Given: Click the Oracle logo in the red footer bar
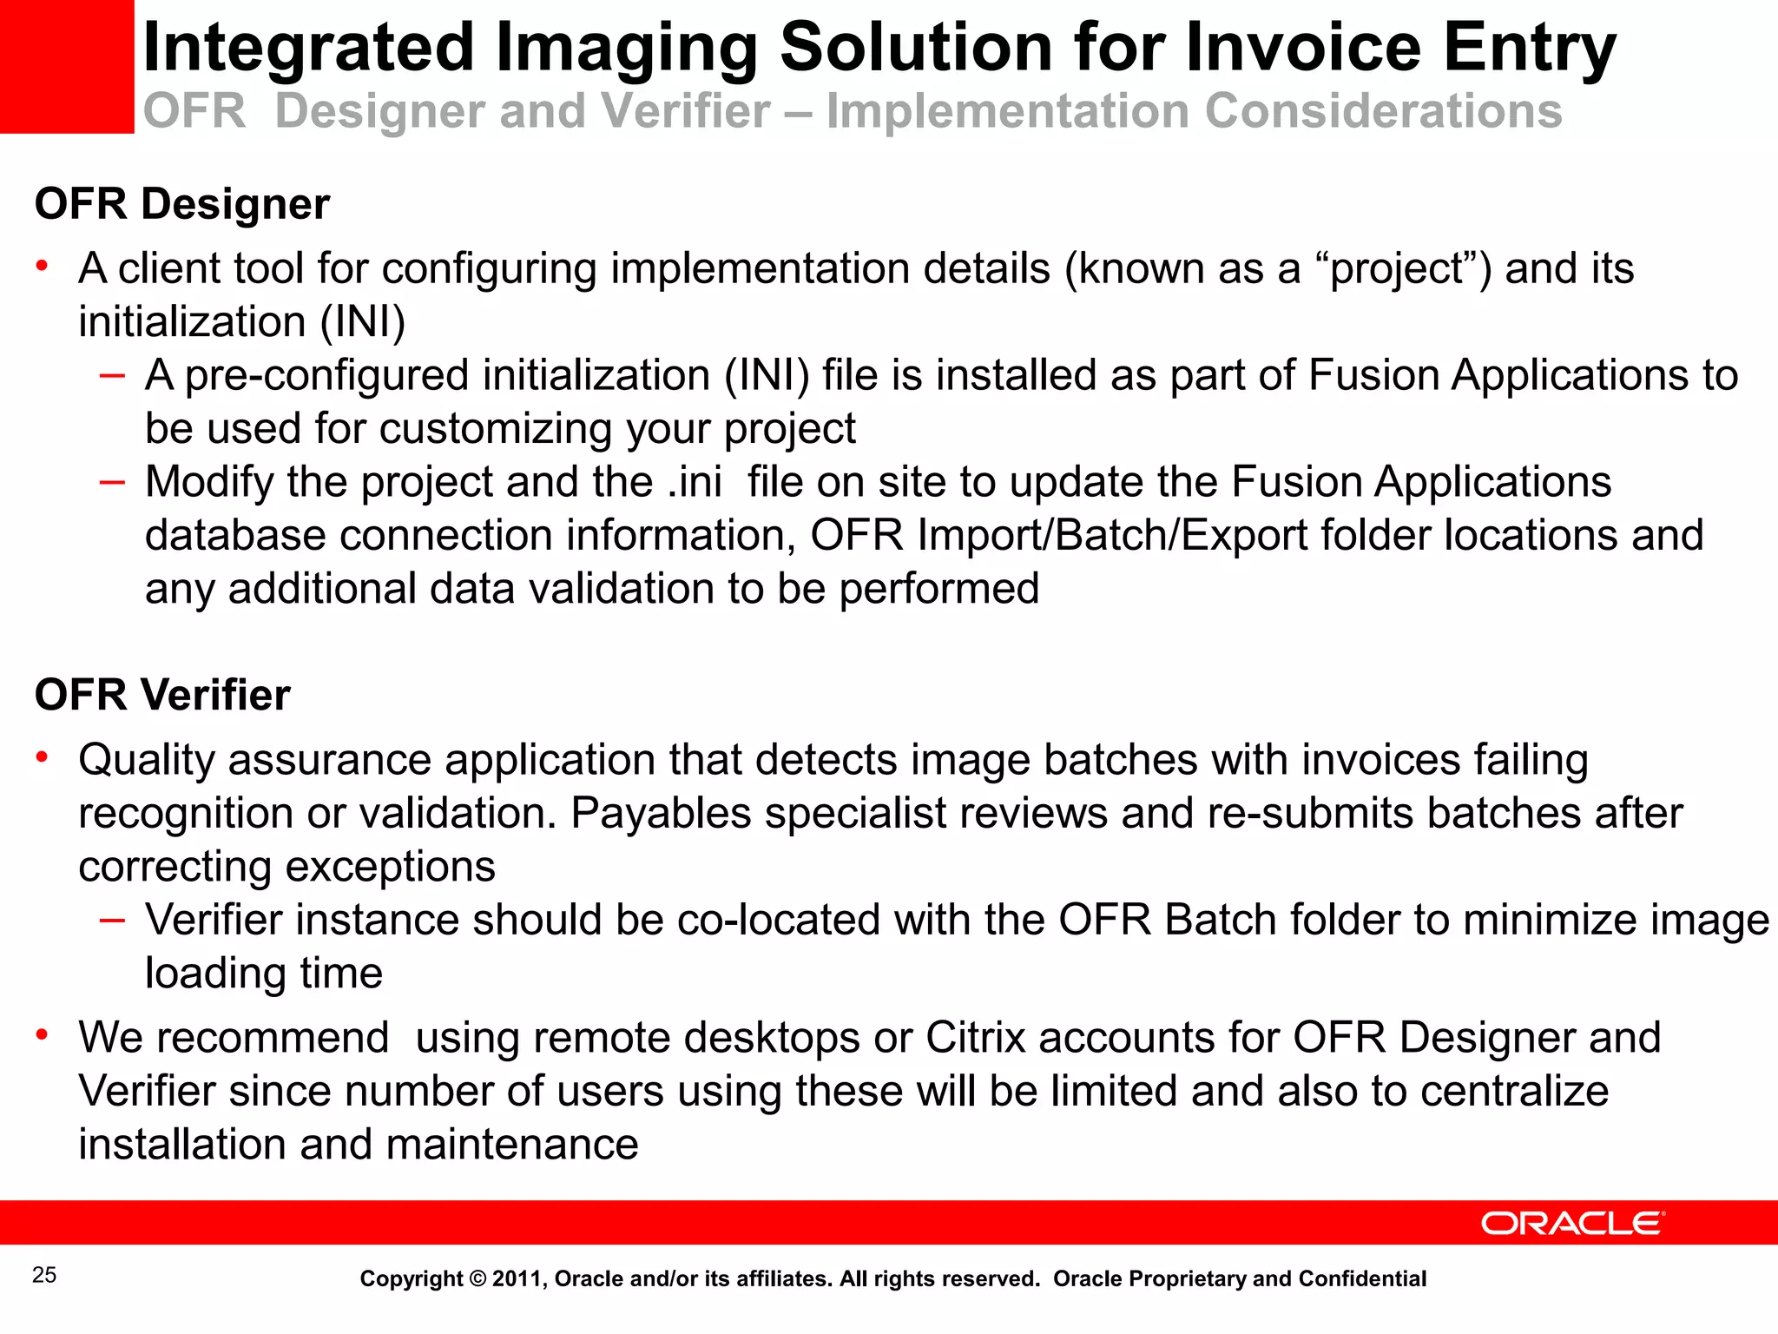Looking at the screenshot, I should (x=1572, y=1223).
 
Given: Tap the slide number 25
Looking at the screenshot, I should (x=44, y=1275).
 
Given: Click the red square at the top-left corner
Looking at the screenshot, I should (x=66, y=66).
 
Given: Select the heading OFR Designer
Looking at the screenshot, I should (x=182, y=205).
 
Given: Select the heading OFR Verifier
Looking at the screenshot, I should (x=162, y=696).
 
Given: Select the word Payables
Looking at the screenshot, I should (x=661, y=814).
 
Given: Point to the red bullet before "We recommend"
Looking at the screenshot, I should (x=41, y=1034).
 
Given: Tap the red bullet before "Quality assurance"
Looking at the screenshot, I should (x=41, y=757).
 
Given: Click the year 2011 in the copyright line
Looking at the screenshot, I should (x=518, y=1279).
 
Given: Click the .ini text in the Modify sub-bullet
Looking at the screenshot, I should (x=695, y=483).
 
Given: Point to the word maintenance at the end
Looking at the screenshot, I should (x=512, y=1146).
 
